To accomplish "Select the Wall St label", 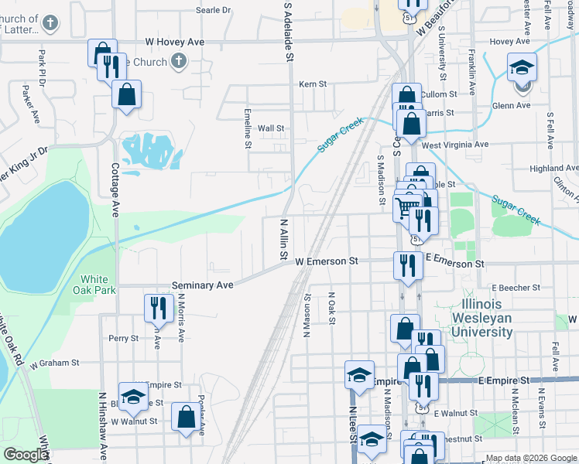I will pos(271,128).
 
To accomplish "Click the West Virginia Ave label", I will pos(455,145).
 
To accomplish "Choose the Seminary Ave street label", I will pos(202,285).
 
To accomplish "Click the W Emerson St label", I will pos(327,262).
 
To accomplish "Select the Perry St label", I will pos(123,338).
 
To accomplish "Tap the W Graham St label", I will pos(54,362).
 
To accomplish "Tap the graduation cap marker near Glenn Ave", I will pos(522,69).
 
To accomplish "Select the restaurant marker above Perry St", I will pos(159,308).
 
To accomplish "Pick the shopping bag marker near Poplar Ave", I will pos(186,418).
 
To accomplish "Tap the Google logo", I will pos(26,455).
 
